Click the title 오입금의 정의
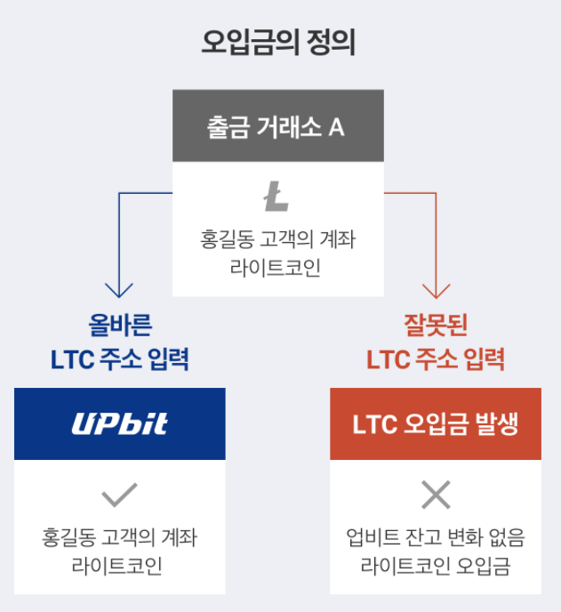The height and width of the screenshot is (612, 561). click(x=278, y=43)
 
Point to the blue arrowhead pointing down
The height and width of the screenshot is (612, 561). click(x=119, y=290)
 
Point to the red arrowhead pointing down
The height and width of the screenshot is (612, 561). click(x=437, y=290)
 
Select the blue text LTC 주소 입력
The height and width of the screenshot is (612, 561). click(x=119, y=359)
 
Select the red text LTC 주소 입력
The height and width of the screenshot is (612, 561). click(x=436, y=359)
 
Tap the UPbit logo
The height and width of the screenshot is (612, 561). click(x=119, y=423)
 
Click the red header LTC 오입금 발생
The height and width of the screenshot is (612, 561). click(x=436, y=424)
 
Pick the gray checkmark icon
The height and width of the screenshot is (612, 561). click(x=119, y=494)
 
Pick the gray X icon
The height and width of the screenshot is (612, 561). click(x=436, y=495)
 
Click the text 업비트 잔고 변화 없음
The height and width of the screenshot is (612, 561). click(x=436, y=538)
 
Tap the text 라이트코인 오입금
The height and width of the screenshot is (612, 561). click(x=436, y=567)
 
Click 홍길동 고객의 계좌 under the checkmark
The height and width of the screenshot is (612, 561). click(x=119, y=538)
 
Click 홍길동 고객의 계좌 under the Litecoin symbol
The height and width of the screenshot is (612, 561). click(x=277, y=239)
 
